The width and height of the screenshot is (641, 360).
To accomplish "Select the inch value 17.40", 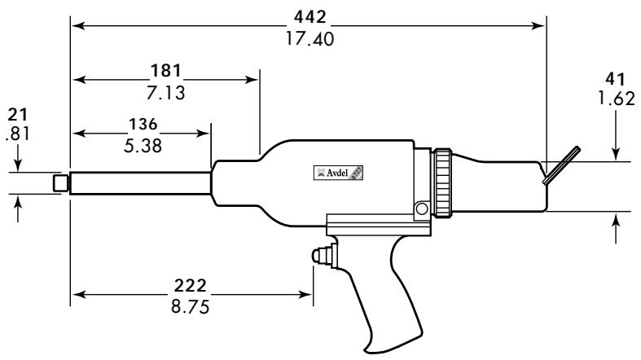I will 308,38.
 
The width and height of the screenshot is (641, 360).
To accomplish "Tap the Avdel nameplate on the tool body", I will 338,173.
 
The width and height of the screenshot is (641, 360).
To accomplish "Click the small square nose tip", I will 59,183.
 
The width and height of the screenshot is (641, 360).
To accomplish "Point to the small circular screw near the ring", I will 420,209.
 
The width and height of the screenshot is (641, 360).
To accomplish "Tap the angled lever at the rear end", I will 562,165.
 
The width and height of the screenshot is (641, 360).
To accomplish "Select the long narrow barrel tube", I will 140,182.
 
